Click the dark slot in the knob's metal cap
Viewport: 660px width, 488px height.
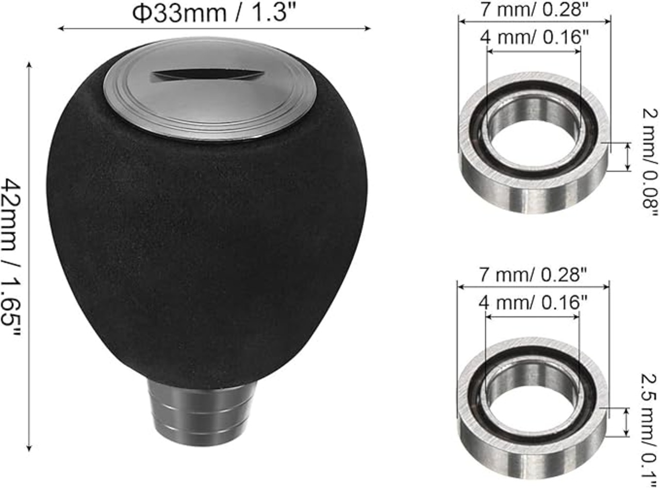point(207,76)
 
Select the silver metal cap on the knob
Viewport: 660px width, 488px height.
point(209,89)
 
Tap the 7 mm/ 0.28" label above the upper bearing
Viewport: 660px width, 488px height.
point(535,9)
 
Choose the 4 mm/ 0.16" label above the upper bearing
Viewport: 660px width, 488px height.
point(535,38)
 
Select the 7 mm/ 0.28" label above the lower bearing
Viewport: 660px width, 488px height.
point(533,274)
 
